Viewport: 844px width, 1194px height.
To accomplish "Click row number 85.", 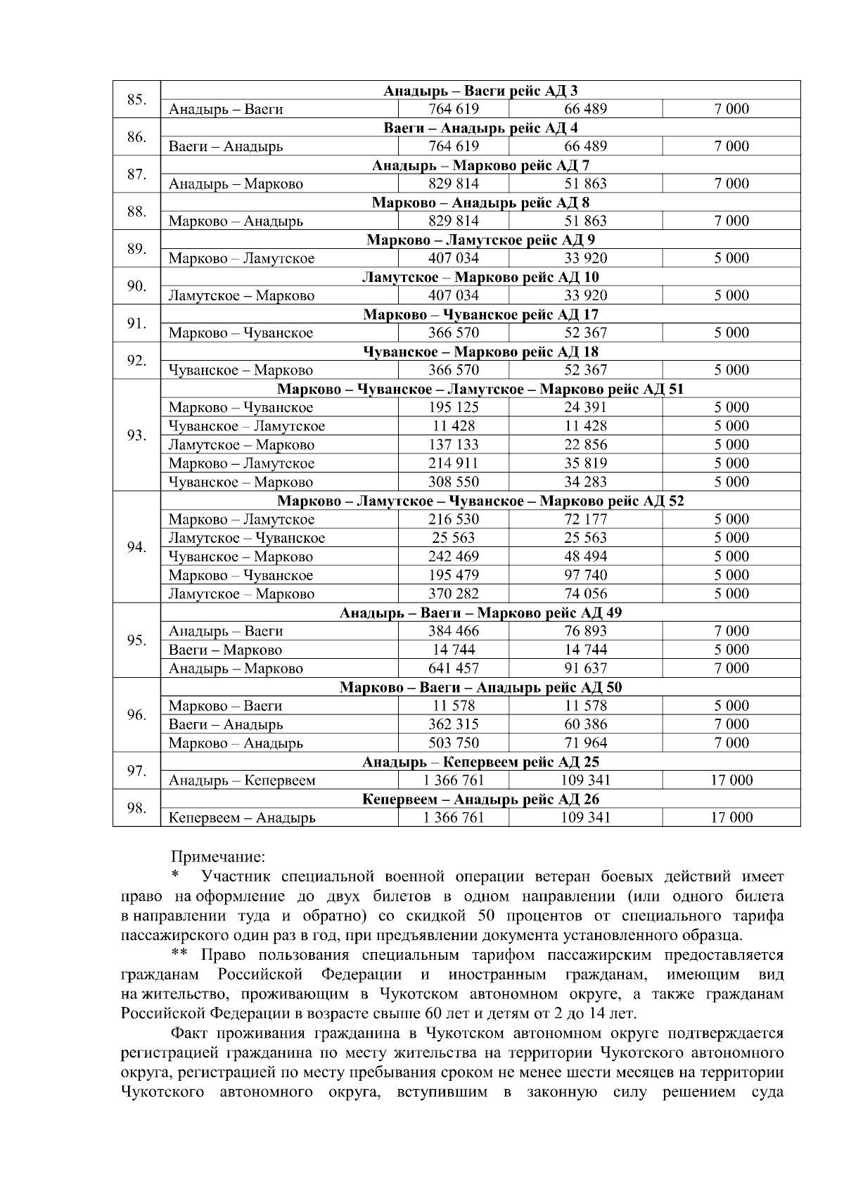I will (x=136, y=99).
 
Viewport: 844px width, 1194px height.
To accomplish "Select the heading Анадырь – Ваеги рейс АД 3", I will (x=480, y=91).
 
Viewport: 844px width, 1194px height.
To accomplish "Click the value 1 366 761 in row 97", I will (x=454, y=781).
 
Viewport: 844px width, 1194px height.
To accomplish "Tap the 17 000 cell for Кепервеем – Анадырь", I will (x=731, y=818).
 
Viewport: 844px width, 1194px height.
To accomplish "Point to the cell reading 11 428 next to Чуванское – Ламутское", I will (x=454, y=426).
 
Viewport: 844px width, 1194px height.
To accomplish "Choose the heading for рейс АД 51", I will (x=480, y=389).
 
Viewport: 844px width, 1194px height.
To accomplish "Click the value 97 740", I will (x=585, y=575).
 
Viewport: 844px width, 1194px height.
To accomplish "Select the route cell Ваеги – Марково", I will (x=225, y=650).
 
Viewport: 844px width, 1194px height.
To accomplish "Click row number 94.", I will (x=136, y=547).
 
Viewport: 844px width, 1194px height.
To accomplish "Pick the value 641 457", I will (x=454, y=669).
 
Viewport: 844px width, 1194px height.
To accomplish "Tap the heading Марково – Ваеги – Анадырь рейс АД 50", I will (x=480, y=687).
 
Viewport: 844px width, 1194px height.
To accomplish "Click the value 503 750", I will (x=454, y=743).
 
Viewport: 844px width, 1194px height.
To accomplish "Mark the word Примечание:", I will (x=218, y=857).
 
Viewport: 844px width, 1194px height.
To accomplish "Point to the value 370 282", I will (x=454, y=594).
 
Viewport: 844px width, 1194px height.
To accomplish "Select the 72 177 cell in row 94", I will (x=585, y=520).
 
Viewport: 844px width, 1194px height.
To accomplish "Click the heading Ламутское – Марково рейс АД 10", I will (x=480, y=277).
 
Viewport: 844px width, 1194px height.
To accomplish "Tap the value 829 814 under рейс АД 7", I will (x=454, y=184).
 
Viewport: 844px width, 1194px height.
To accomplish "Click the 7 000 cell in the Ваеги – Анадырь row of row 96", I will (x=731, y=724).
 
